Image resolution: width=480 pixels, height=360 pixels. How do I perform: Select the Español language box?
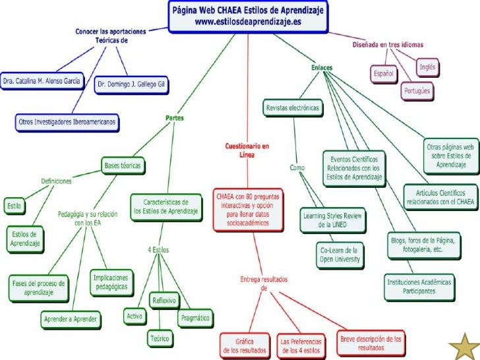click(384, 74)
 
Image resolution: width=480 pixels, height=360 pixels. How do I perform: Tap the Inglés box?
click(427, 67)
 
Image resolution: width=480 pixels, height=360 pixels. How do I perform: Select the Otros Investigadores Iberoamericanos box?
click(67, 121)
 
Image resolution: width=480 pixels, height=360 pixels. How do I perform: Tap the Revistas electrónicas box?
click(291, 107)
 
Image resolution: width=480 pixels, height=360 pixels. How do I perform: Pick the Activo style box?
click(135, 316)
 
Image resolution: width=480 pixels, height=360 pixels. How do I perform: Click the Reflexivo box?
click(164, 301)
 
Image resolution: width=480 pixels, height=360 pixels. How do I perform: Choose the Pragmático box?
click(195, 318)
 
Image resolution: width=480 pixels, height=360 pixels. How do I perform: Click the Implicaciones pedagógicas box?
click(111, 283)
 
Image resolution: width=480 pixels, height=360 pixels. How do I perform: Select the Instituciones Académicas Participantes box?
click(419, 285)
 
